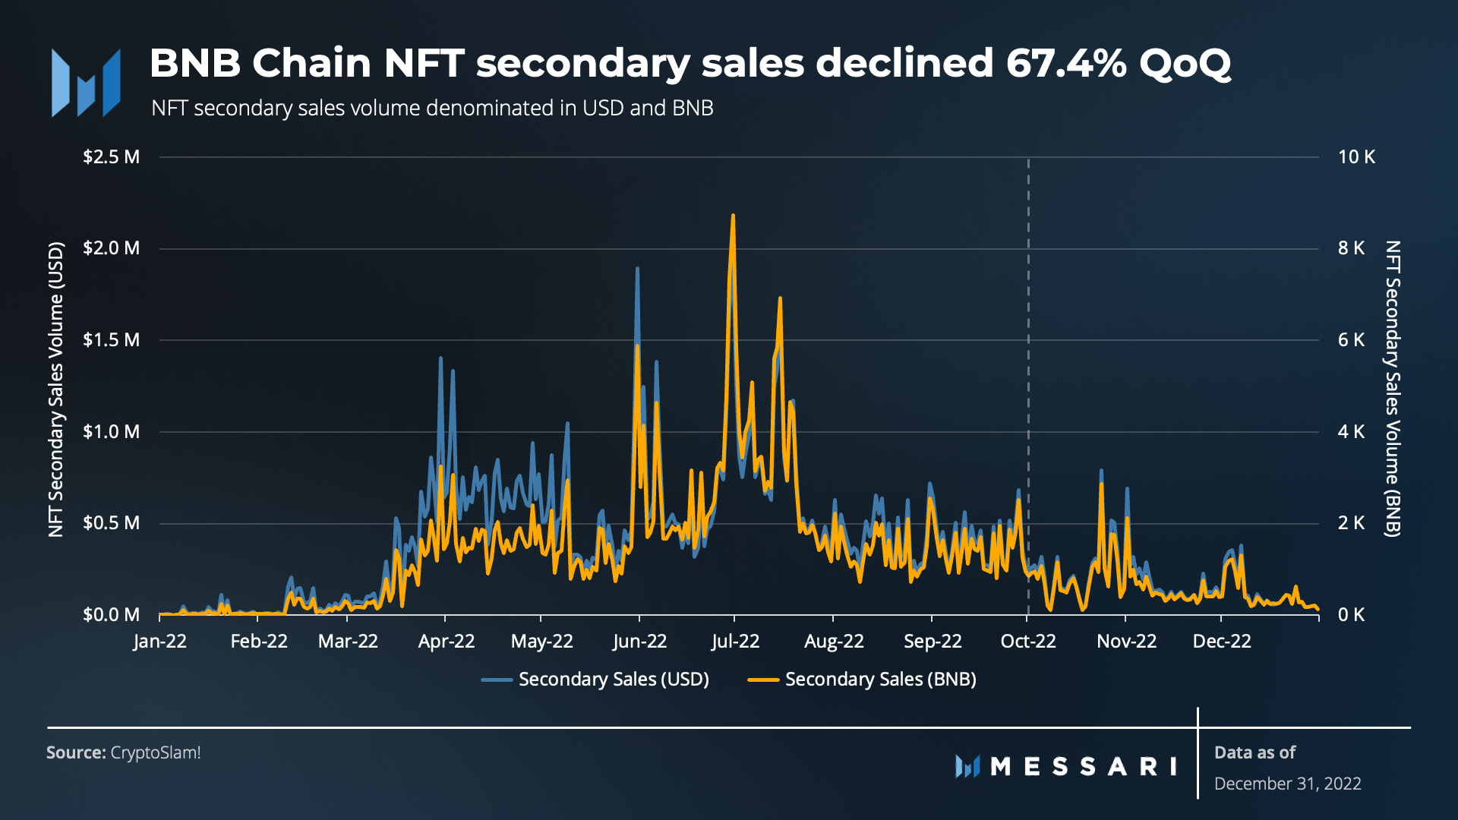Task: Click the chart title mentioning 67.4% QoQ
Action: (690, 63)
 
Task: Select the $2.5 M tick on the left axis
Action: (111, 157)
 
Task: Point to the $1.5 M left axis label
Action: (111, 340)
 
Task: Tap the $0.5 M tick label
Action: (111, 523)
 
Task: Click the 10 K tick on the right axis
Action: (1356, 157)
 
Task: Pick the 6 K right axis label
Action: (1351, 340)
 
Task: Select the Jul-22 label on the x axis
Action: (735, 642)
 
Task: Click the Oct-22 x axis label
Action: (1028, 642)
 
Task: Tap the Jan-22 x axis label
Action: (159, 642)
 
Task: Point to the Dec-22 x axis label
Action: (1222, 642)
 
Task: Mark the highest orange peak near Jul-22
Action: (733, 216)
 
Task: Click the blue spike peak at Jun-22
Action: (637, 269)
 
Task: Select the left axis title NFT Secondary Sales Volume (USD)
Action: (56, 389)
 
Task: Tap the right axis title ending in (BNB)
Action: (1392, 389)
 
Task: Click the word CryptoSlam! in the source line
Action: (156, 753)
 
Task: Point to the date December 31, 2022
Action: (1287, 784)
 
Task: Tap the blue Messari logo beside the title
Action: (86, 83)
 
